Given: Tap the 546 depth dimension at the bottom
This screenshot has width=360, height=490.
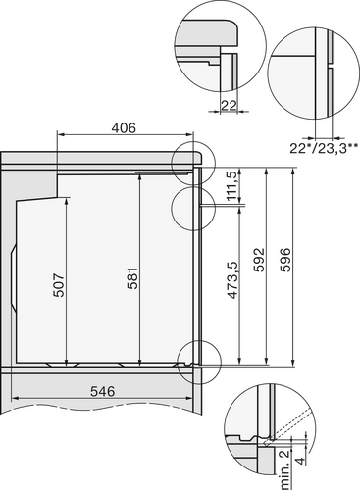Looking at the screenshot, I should coord(104,390).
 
